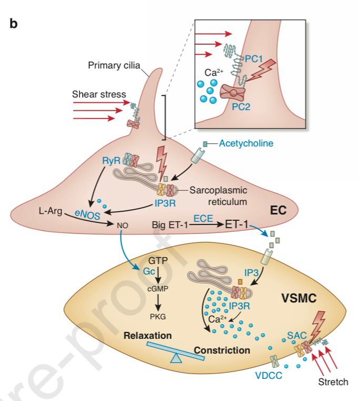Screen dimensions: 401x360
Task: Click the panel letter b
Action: pos(14,24)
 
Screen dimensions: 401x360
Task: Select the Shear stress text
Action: pos(99,94)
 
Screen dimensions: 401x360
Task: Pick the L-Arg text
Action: pos(49,211)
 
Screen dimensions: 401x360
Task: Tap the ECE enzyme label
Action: pos(203,216)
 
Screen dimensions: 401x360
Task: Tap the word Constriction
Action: pos(222,350)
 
